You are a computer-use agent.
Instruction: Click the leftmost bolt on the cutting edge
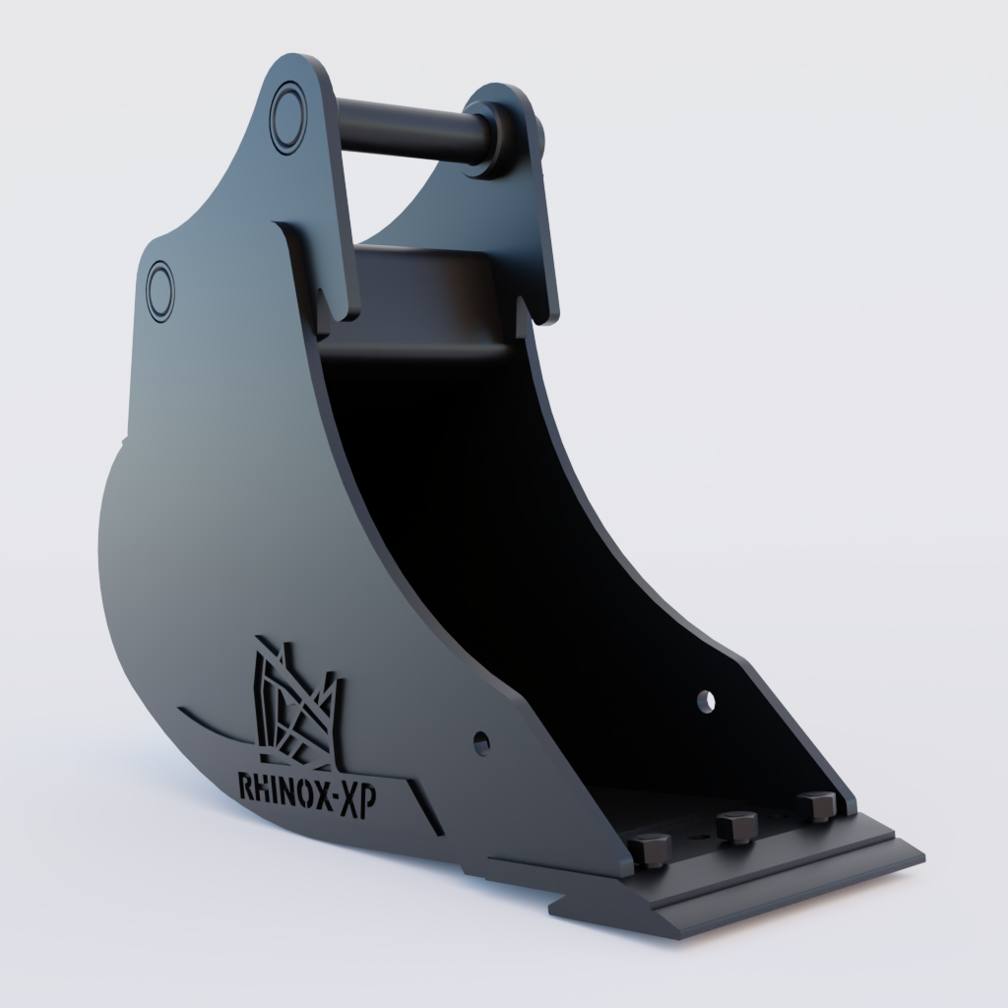(649, 848)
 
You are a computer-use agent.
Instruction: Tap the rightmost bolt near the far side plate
(816, 805)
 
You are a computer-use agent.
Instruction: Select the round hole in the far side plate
(705, 700)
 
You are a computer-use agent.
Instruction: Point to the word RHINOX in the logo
(283, 787)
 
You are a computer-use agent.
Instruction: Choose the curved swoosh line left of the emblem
(212, 722)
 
